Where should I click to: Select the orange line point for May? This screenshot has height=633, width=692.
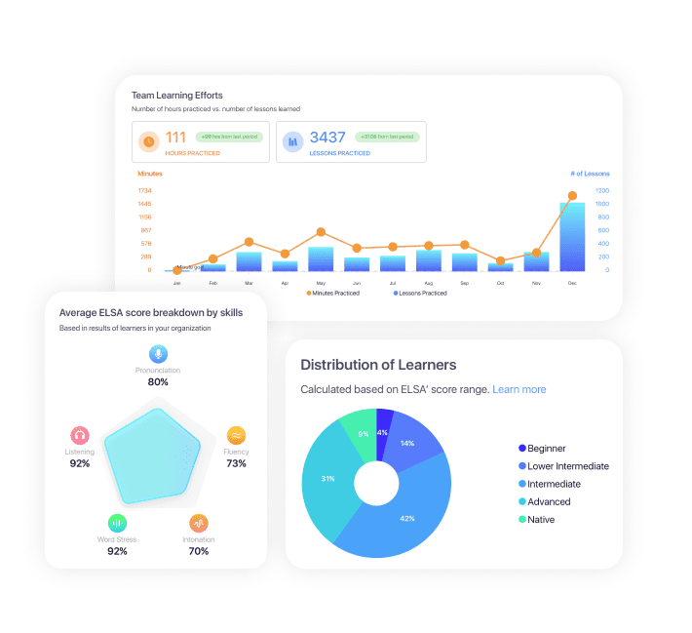(x=321, y=232)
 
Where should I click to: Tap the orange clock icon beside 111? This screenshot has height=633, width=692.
(x=149, y=141)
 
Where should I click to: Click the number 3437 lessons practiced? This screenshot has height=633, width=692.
(x=327, y=138)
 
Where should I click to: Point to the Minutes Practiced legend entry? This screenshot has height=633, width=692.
(x=332, y=293)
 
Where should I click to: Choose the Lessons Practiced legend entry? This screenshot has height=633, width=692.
(x=420, y=293)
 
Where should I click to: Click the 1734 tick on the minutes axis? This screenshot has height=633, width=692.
(x=144, y=190)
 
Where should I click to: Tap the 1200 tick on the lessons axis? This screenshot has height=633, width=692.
(x=602, y=190)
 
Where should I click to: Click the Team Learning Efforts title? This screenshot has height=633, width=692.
(x=177, y=96)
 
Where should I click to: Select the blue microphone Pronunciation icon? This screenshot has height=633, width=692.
(x=157, y=354)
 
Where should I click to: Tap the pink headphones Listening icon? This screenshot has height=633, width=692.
(x=80, y=435)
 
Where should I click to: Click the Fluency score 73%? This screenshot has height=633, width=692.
(x=236, y=463)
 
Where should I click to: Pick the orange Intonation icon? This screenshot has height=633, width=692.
(x=199, y=523)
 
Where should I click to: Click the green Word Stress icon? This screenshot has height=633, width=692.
(x=117, y=523)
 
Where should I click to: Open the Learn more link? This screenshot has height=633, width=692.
(x=519, y=389)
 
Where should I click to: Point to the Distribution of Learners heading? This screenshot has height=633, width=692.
(x=378, y=365)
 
